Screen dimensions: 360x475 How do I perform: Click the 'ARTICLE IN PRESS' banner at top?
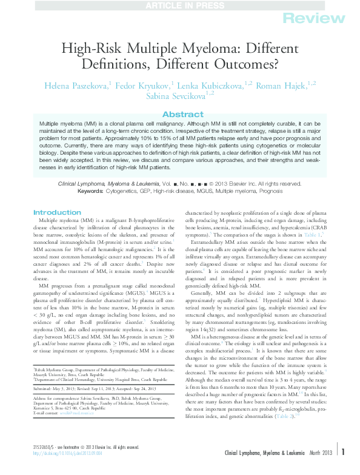coord(179,5)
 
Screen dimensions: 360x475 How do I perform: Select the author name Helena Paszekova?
coord(72,86)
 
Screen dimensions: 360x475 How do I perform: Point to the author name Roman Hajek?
coord(278,86)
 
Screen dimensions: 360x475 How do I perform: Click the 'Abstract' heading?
coord(179,115)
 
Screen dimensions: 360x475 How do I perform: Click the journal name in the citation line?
coord(108,166)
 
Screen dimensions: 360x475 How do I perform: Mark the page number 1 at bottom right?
coord(343,468)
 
